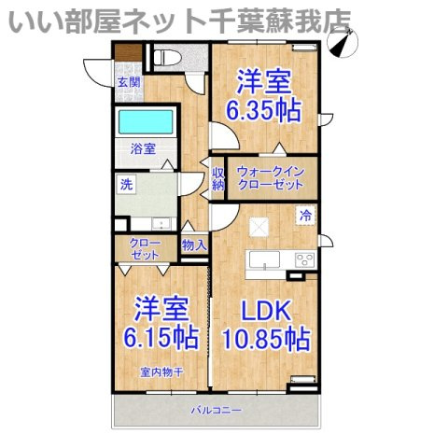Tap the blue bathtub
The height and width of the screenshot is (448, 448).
pos(146,122)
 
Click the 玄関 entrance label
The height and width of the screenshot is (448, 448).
pos(129,83)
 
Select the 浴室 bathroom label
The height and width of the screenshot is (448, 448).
pos(143,149)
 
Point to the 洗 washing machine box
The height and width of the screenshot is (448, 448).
pos(126,185)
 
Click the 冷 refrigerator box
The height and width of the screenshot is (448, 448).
pos(305,216)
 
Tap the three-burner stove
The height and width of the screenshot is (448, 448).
pos(305,260)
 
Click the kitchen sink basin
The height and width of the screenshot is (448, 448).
pos(264,259)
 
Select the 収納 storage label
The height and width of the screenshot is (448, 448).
pos(218,179)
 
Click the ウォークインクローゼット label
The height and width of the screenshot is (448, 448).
pos(271,178)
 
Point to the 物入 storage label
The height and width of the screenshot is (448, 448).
pos(194,245)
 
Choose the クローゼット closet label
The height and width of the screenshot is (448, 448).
pos(145,249)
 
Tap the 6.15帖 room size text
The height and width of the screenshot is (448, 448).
pos(161,338)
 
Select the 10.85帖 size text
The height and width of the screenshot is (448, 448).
pos(266,339)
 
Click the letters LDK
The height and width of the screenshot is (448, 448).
pos(266,310)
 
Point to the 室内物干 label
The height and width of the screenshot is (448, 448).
pos(161,372)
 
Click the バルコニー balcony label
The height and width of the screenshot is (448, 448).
pos(216,410)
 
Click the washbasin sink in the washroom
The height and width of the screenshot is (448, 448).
pos(161,224)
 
